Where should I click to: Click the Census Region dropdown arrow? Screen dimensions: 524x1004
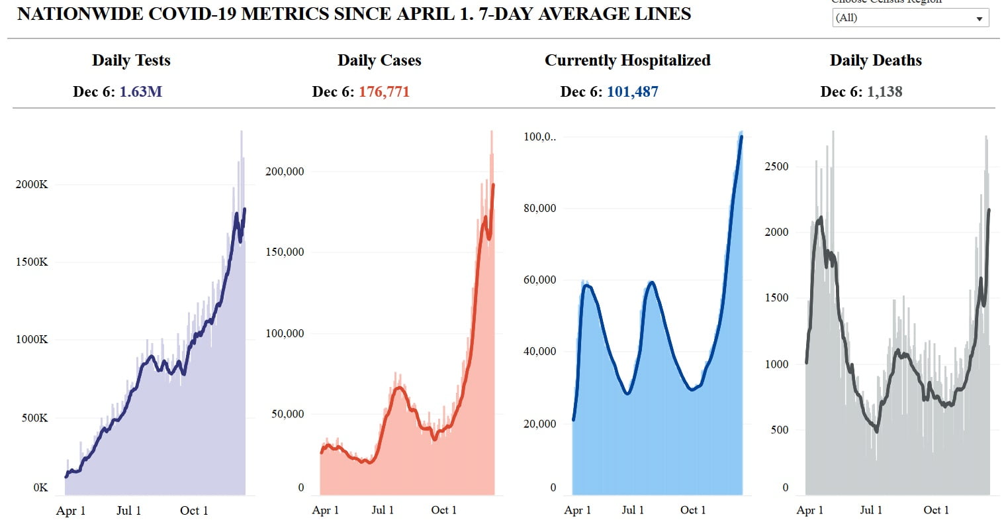click(980, 19)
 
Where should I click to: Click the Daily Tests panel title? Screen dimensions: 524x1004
click(131, 60)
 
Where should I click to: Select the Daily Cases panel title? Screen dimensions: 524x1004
click(379, 60)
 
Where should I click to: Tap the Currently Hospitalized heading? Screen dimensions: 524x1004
click(627, 60)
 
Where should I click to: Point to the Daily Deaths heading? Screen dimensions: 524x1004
click(876, 60)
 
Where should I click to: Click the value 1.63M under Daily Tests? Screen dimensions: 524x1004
click(141, 91)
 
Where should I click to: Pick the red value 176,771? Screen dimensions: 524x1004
click(384, 91)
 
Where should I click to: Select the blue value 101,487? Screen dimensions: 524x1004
click(632, 91)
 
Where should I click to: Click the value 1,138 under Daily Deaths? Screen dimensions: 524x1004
click(884, 91)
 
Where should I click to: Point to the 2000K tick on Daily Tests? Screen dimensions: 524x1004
click(32, 184)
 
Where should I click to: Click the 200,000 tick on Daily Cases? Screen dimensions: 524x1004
click(285, 172)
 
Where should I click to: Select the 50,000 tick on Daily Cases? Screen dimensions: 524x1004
click(288, 414)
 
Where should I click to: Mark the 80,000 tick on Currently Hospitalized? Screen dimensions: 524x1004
click(540, 208)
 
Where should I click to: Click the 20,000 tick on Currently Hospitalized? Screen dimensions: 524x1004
click(540, 423)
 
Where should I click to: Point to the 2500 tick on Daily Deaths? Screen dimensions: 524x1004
click(776, 166)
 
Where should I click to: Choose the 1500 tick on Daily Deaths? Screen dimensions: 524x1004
click(776, 297)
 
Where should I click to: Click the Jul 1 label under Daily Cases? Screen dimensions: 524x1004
click(383, 510)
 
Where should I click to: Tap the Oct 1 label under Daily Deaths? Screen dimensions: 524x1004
click(936, 510)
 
